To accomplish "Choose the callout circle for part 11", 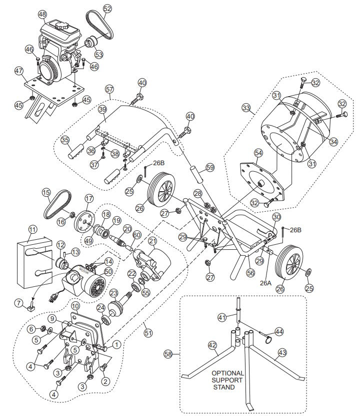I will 32,230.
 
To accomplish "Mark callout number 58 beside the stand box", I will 168,354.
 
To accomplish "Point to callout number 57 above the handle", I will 109,89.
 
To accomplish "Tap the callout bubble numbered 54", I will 258,152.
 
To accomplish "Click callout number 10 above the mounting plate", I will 75,305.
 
